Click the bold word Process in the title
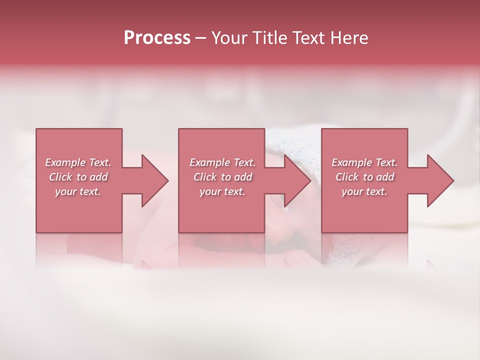coord(157,38)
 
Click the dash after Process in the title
coord(200,39)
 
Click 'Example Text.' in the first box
coord(78,162)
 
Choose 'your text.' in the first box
coord(78,191)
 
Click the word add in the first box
coord(99,177)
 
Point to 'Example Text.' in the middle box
coord(222,162)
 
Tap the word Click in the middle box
coord(204,177)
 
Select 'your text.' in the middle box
coord(222,191)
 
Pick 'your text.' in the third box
coord(364,191)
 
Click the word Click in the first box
coord(60,177)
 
